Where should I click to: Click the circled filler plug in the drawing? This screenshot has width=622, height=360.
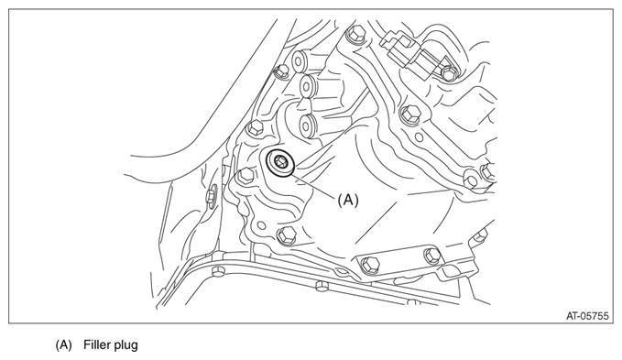[x=280, y=162]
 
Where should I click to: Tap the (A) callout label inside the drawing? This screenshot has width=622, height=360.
[x=348, y=201]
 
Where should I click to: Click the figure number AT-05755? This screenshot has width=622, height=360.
[x=587, y=316]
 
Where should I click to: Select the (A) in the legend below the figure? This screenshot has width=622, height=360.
[x=63, y=344]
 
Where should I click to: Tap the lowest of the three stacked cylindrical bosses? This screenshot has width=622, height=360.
[x=306, y=125]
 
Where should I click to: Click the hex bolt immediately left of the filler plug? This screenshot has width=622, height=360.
[x=246, y=175]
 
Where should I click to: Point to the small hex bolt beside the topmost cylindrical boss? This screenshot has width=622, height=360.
[x=282, y=71]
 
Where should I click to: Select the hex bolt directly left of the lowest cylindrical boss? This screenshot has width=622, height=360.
[x=255, y=129]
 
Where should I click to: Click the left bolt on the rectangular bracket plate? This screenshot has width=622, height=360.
[x=370, y=264]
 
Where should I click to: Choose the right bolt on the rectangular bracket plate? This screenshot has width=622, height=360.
[x=432, y=255]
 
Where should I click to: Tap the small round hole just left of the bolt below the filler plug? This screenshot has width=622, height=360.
[x=261, y=226]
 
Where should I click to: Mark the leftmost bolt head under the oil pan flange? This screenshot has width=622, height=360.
[x=218, y=272]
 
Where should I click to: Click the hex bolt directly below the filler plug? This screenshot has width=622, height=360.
[x=287, y=235]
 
